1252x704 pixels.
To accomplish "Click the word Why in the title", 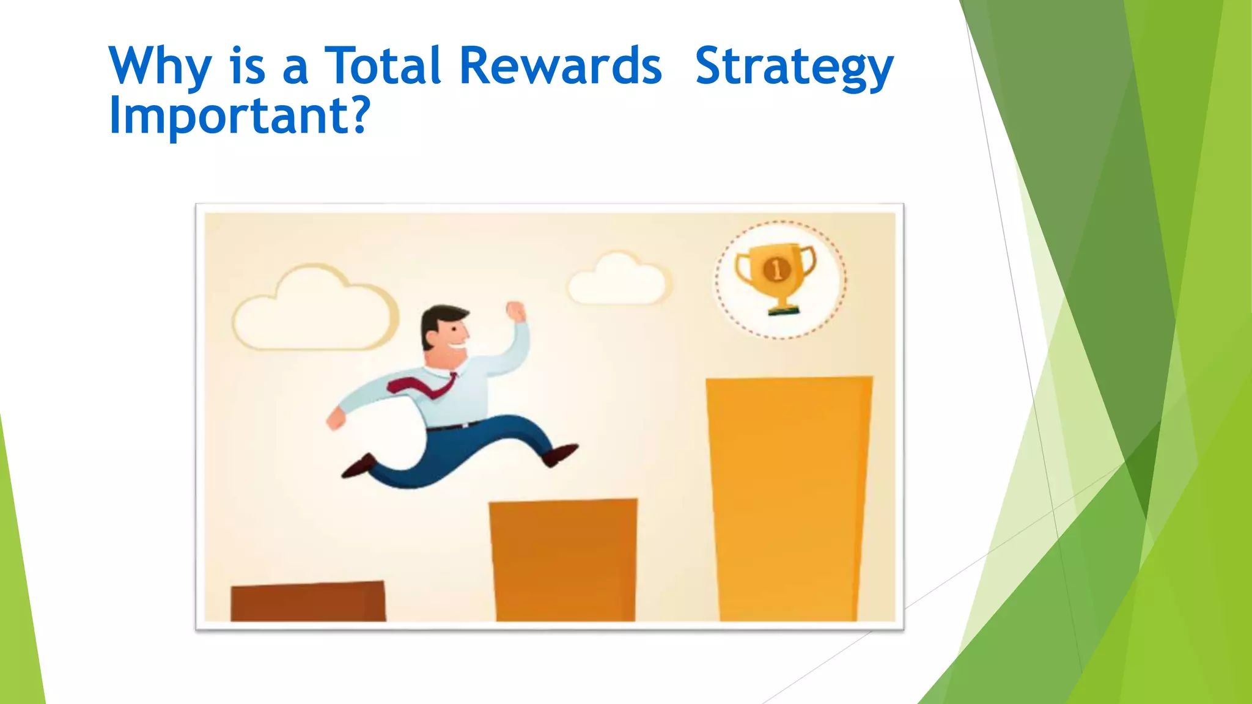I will point(160,66).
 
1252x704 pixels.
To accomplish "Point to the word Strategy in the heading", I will point(794,67).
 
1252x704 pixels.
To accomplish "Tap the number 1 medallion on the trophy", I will point(777,269).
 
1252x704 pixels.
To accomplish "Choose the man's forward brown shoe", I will point(560,455).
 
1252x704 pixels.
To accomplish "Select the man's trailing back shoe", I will point(358,467).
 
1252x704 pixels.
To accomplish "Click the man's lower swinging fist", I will point(336,420).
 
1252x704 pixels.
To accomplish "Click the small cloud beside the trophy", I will point(617,281).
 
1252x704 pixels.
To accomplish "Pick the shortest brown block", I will point(308,601).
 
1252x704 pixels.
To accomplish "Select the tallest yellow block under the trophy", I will point(789,498).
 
